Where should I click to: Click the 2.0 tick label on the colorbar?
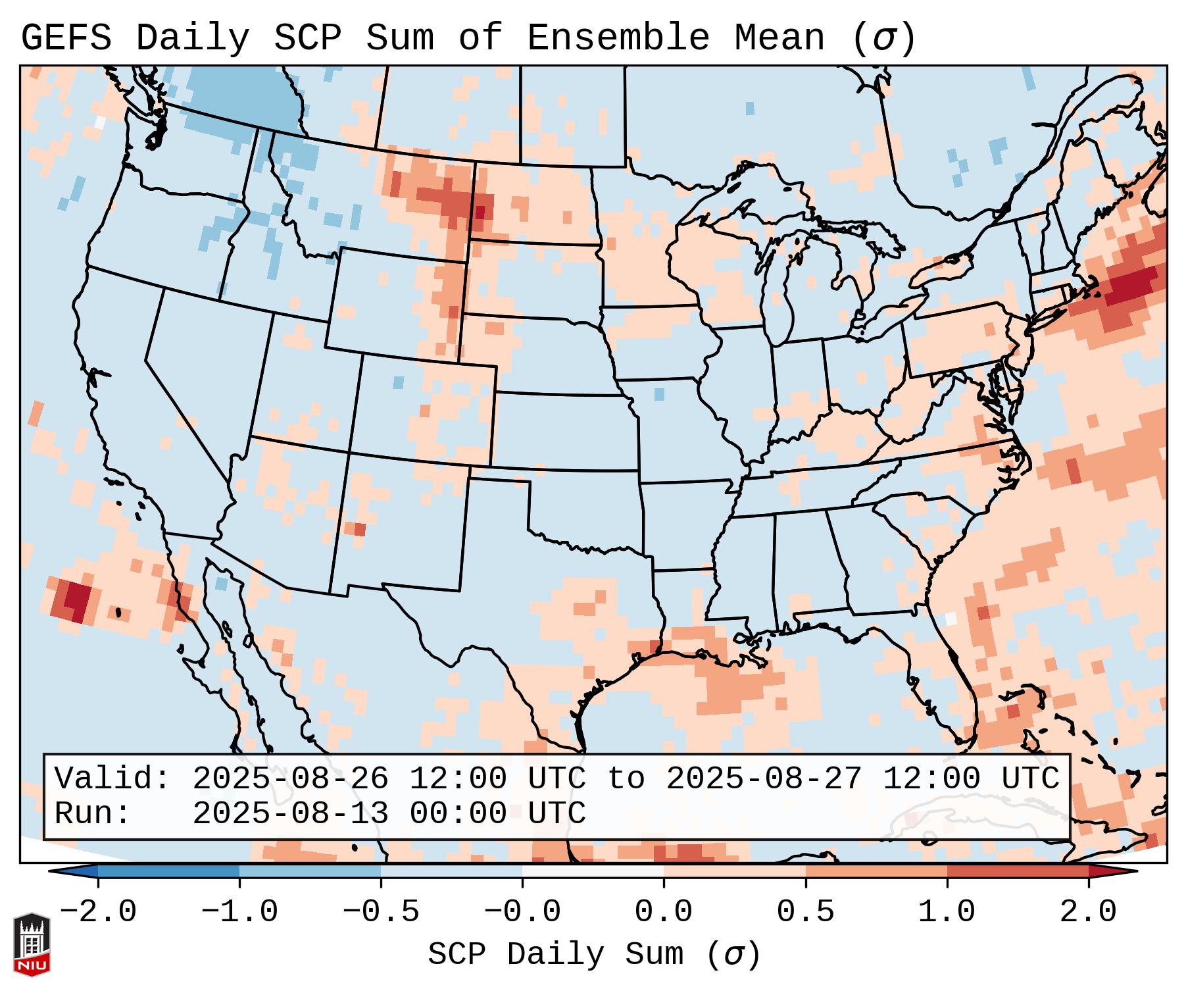click(1088, 912)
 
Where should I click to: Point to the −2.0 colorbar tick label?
click(98, 912)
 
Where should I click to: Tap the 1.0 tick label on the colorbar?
click(947, 912)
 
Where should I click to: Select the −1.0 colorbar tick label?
click(239, 912)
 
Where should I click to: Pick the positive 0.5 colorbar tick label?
click(805, 912)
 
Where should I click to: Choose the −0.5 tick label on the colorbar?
click(381, 912)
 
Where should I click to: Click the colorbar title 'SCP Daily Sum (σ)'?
click(594, 954)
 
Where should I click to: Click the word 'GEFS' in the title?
click(66, 38)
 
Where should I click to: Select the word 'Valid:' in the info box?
click(112, 779)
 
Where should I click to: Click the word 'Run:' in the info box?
click(93, 813)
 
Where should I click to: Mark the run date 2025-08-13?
click(290, 813)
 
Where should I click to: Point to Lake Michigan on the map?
click(783, 290)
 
